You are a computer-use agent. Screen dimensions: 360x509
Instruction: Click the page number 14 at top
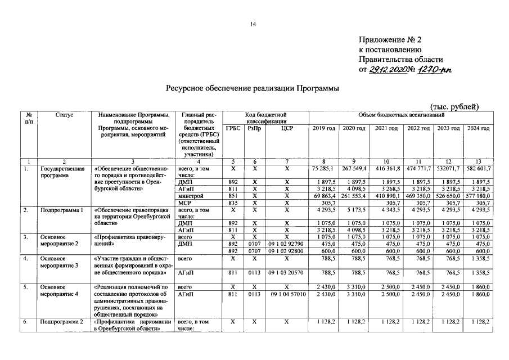pyautogui.click(x=254, y=24)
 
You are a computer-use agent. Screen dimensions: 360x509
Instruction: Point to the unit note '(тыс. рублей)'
pyautogui.click(x=454, y=107)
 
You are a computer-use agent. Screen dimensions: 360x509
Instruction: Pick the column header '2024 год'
pyautogui.click(x=478, y=129)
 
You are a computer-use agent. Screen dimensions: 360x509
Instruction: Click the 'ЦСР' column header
pyautogui.click(x=287, y=129)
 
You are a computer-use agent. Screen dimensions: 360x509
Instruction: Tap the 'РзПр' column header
pyautogui.click(x=254, y=129)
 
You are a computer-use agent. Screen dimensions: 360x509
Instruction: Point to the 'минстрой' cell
pyautogui.click(x=191, y=195)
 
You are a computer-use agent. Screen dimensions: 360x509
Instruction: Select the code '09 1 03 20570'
pyautogui.click(x=287, y=273)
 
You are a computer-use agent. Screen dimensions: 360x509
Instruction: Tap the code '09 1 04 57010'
pyautogui.click(x=289, y=294)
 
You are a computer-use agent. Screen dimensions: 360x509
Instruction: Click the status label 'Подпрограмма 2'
pyautogui.click(x=62, y=322)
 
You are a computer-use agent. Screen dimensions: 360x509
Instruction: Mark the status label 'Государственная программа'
pyautogui.click(x=62, y=172)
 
